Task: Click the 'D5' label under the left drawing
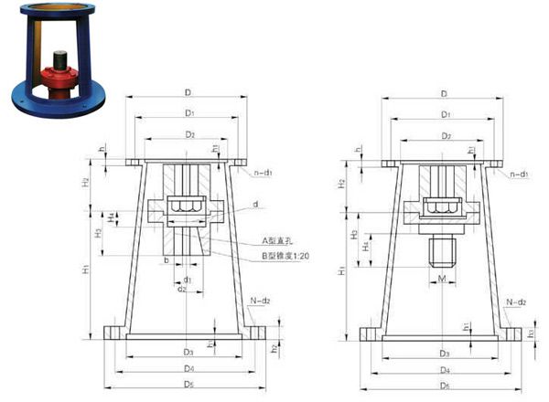tap(187, 386)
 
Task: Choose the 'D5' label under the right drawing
tap(443, 386)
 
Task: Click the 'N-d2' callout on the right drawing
tap(516, 301)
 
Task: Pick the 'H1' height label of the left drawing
tap(86, 270)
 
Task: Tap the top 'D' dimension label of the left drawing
tap(187, 93)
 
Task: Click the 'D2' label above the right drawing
tap(443, 135)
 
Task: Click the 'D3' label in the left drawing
tap(187, 352)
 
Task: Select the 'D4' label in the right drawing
tap(443, 370)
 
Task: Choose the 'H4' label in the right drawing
tap(366, 246)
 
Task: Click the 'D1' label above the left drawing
tap(187, 114)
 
